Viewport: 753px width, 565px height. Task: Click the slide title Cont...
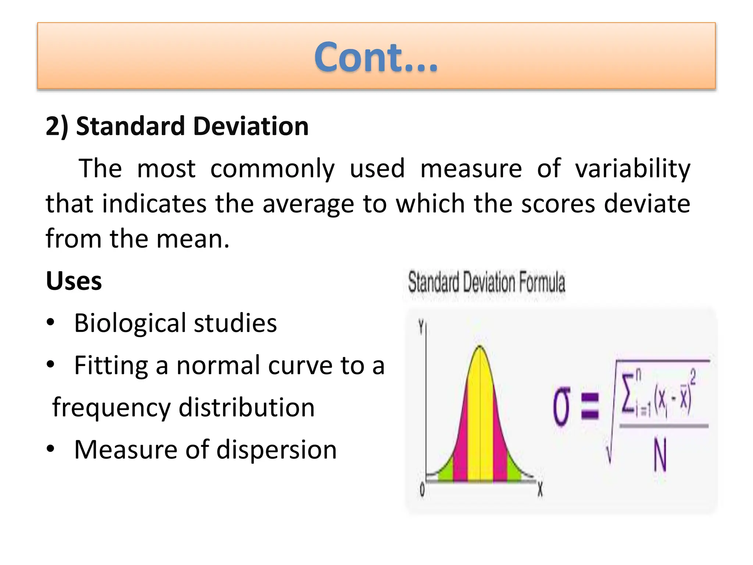[x=376, y=57]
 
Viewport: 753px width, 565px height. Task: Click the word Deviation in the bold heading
[x=251, y=126]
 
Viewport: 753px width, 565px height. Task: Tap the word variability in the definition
[x=632, y=168]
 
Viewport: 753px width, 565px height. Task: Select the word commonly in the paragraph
[x=272, y=168]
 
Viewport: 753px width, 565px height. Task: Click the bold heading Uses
[x=74, y=281]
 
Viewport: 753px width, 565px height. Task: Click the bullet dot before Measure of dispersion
[x=51, y=448]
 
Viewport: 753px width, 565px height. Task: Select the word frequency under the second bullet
[x=111, y=408]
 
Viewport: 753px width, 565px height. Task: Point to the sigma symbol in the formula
[x=561, y=406]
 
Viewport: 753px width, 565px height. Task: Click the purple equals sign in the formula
[x=590, y=406]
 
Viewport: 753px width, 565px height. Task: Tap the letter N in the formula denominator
[x=660, y=456]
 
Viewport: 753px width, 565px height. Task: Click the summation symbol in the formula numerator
[x=628, y=392]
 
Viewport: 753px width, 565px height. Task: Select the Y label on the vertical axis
[x=421, y=327]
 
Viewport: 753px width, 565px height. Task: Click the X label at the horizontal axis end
[x=540, y=490]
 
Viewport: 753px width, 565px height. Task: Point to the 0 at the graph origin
[x=422, y=490]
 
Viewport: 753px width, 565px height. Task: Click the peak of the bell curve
[x=480, y=347]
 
